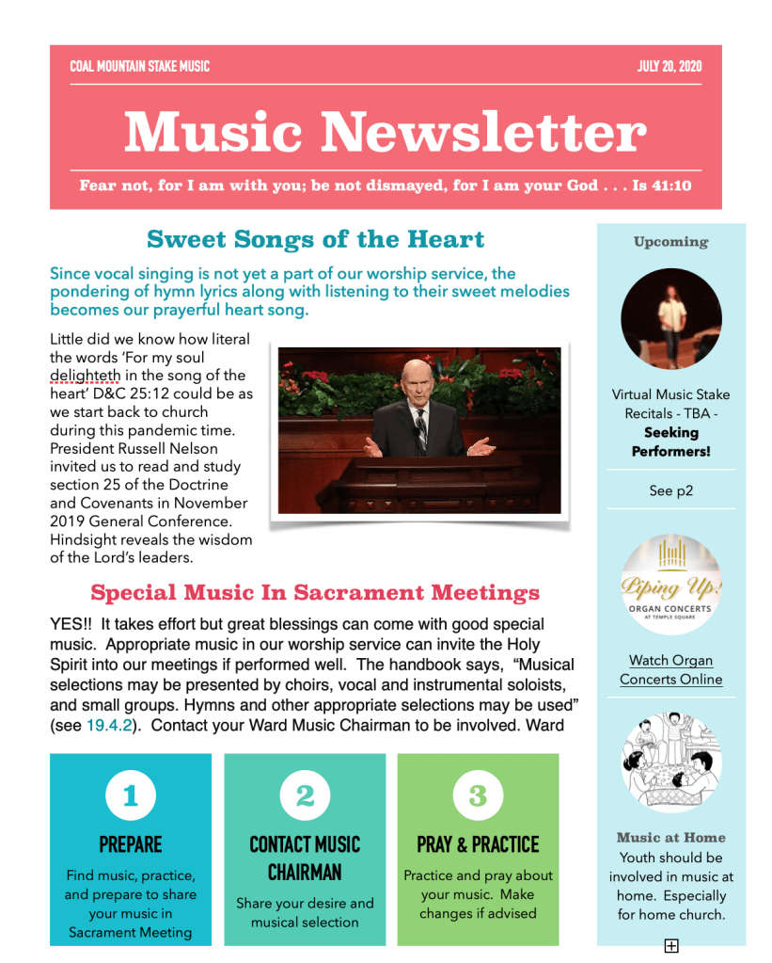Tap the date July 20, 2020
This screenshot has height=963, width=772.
669,67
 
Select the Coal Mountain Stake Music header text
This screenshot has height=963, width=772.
139,67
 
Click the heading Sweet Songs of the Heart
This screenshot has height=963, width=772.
316,239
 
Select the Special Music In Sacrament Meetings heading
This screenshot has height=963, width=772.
315,593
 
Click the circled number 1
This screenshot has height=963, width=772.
130,796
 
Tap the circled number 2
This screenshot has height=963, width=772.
305,796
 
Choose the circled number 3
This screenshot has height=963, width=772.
478,796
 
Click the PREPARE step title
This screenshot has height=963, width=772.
130,844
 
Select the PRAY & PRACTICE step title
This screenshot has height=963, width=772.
478,844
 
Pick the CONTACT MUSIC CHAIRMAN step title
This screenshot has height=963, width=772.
305,859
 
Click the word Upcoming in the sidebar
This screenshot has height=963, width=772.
670,242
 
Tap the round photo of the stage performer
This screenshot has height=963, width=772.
671,318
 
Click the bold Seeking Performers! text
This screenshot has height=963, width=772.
670,442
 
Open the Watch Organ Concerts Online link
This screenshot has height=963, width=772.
670,670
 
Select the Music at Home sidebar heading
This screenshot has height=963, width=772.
670,838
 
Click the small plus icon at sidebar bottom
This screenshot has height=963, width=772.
671,946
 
